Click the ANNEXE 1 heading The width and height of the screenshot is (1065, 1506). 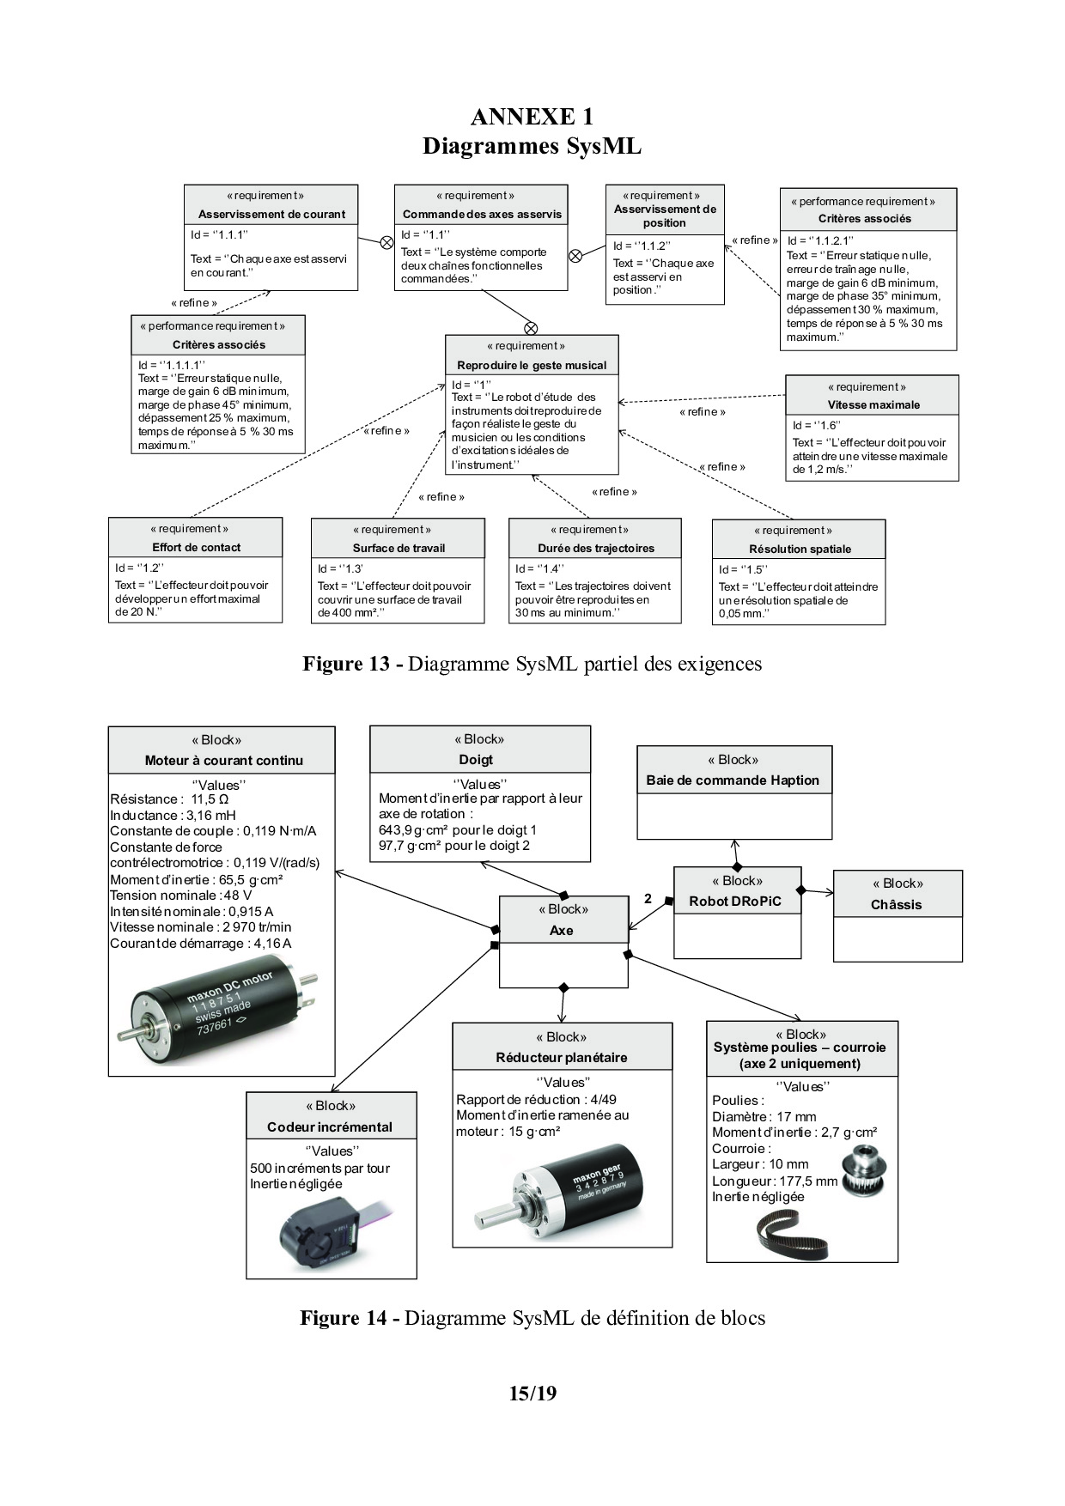[532, 117]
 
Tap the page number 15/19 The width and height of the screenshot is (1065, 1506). [532, 1393]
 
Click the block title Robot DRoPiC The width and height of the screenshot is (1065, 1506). [735, 902]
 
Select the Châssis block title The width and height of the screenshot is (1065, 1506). [896, 904]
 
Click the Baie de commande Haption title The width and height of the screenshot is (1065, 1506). [733, 780]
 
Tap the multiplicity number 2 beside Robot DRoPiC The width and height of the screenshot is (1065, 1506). [648, 899]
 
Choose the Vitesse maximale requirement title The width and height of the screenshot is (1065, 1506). [873, 404]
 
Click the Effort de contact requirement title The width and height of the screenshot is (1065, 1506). [196, 547]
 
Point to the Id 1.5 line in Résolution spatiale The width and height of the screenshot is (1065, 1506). [743, 569]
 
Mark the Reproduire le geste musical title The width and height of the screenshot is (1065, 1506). [532, 365]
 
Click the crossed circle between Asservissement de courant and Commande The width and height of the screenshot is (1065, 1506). [386, 242]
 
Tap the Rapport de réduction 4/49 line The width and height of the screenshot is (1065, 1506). [536, 1099]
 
